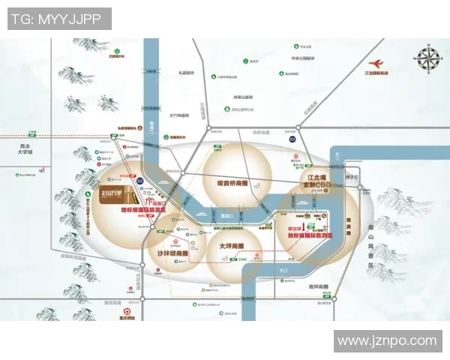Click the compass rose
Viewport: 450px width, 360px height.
tap(429, 59)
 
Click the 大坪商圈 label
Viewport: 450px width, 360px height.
tap(233, 245)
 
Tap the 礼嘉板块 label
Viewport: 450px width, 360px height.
tap(186, 73)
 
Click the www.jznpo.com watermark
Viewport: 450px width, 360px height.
tap(386, 341)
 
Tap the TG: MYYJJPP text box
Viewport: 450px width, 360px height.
tap(59, 19)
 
